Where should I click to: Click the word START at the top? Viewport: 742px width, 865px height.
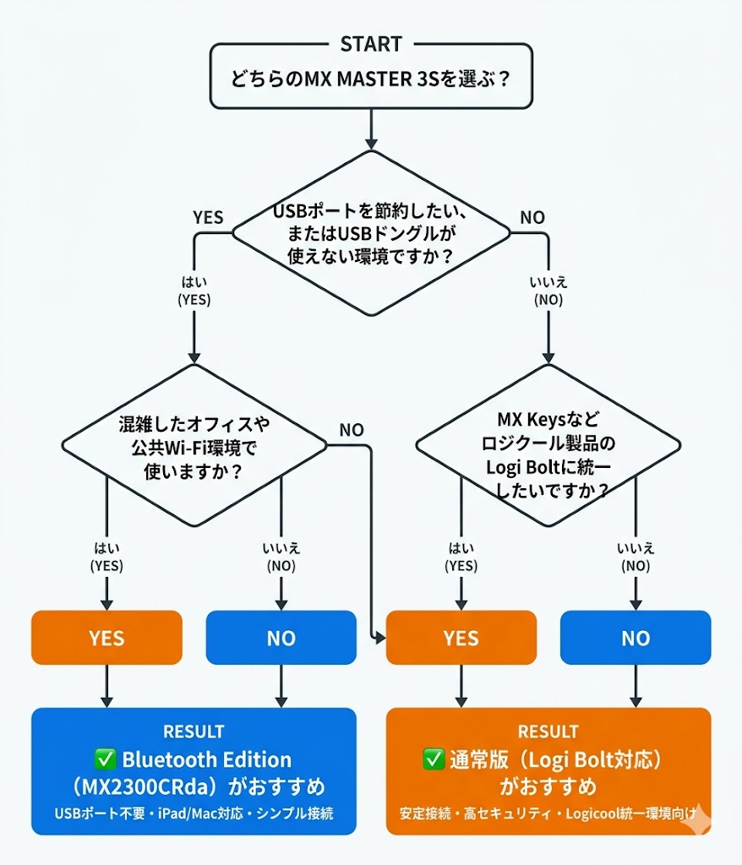[370, 44]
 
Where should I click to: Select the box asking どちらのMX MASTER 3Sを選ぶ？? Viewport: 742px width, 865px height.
[370, 83]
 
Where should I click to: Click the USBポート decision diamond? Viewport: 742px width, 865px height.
[370, 232]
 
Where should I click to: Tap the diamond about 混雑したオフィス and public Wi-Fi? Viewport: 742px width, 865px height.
[194, 445]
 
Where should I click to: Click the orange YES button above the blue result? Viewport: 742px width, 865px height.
[106, 638]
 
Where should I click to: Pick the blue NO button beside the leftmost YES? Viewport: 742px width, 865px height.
[281, 638]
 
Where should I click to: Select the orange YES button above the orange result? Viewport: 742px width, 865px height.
[461, 638]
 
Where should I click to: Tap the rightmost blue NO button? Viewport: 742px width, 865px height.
[636, 638]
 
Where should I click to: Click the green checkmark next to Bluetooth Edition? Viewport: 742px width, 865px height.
[107, 759]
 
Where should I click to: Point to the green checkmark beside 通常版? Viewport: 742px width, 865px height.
[434, 759]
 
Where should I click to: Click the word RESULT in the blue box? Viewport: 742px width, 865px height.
[194, 731]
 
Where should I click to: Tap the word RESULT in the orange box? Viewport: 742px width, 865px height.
[548, 731]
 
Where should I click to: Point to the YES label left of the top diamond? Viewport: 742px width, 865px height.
[208, 218]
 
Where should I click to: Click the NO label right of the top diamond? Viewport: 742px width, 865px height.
[532, 218]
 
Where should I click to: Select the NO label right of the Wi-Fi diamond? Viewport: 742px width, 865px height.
[351, 430]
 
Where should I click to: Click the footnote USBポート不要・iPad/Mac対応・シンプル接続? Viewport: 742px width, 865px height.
[194, 813]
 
